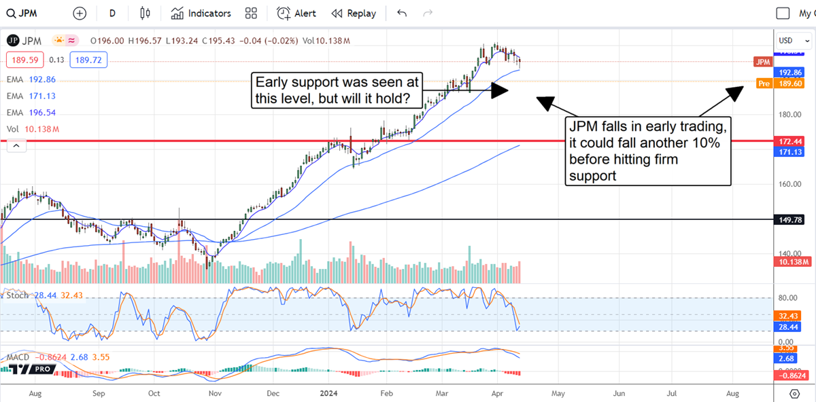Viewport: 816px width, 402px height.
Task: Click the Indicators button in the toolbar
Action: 201,14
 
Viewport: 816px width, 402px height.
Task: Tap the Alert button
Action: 296,14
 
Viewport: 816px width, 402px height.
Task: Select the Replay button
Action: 354,14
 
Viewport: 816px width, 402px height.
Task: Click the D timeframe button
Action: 112,14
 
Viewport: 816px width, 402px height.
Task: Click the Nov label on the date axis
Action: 215,392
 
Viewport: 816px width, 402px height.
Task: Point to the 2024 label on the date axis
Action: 329,392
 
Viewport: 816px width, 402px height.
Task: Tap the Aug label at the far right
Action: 733,392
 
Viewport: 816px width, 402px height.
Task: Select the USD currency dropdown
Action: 794,41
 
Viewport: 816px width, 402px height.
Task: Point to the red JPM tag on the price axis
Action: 763,62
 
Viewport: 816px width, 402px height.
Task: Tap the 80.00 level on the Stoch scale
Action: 787,297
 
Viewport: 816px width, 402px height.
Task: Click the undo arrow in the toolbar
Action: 402,14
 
